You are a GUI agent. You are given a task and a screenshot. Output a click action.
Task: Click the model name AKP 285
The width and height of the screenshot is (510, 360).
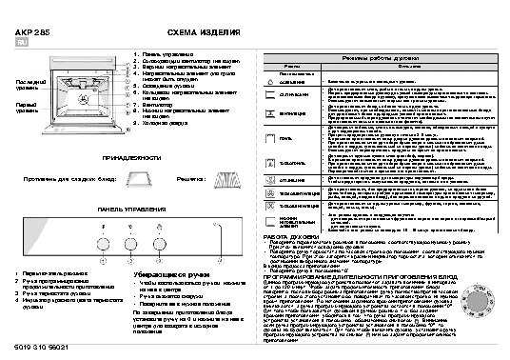31,32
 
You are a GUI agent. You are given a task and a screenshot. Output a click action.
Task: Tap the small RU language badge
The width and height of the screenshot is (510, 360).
22,44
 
